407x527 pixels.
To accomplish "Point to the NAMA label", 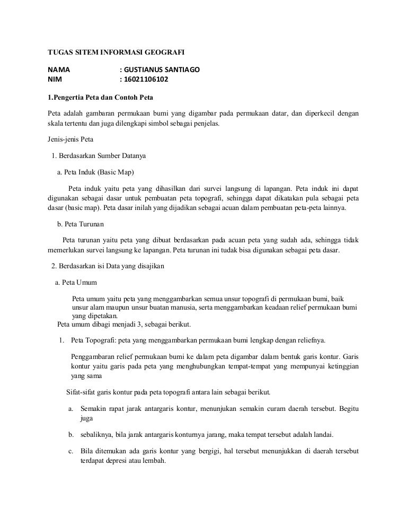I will (x=59, y=70).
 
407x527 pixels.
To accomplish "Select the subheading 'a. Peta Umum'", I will (x=76, y=282).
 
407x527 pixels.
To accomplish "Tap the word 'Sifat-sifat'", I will (x=81, y=393).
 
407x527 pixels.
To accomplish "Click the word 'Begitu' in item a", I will (x=348, y=409).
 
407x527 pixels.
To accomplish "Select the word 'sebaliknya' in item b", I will (x=96, y=435).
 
